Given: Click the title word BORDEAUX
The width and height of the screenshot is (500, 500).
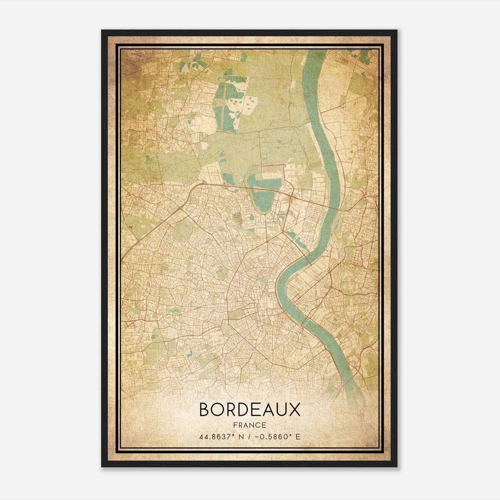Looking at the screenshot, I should click(249, 410).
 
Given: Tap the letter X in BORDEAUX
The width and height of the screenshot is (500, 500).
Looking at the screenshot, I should click(293, 410).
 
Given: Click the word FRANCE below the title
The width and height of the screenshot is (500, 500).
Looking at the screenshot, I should click(249, 425).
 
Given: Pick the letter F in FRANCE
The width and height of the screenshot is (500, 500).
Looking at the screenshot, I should click(235, 425).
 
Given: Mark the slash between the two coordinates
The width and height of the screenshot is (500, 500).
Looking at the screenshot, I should click(249, 437).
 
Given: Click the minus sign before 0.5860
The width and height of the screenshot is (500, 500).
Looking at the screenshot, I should click(257, 437).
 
